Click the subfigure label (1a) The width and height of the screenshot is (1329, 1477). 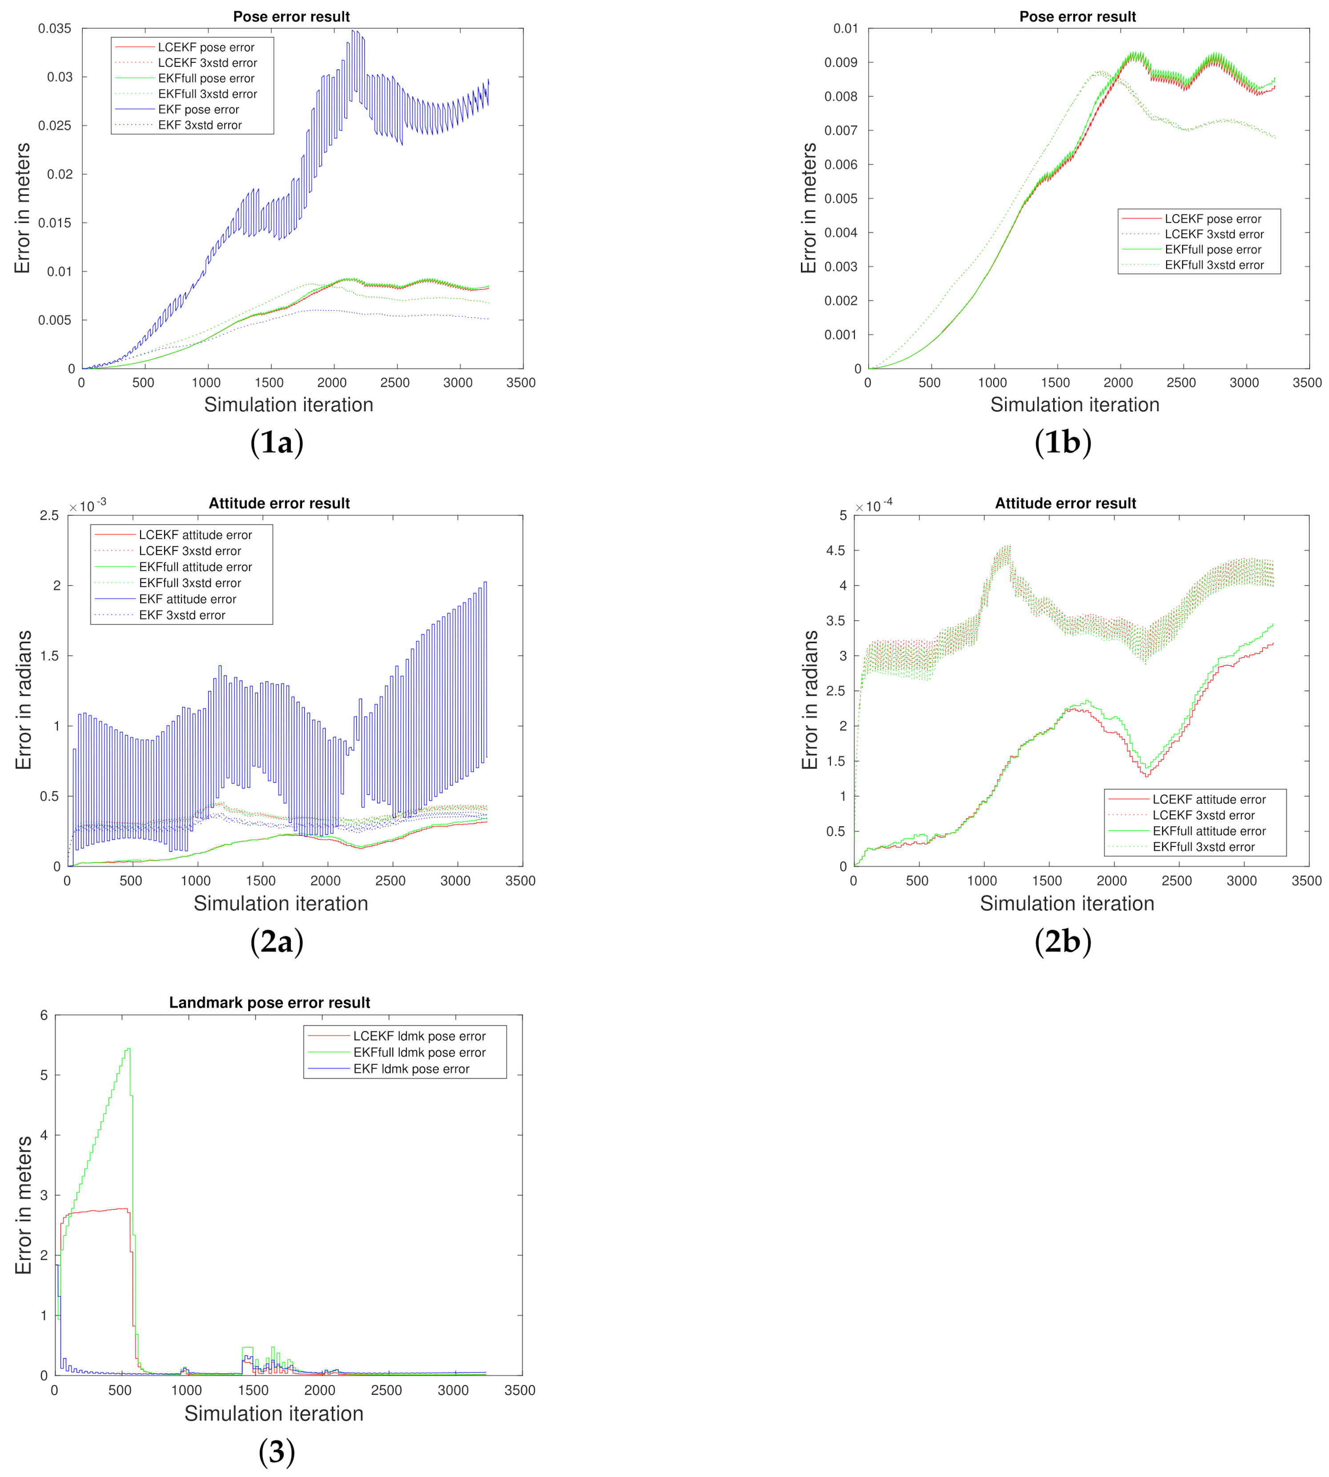pyautogui.click(x=276, y=443)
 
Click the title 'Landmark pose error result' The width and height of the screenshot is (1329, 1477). pyautogui.click(x=270, y=1002)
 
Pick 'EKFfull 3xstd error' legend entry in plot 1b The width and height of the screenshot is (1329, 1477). pyautogui.click(x=1214, y=265)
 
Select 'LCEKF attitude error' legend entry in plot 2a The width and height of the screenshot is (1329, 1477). pyautogui.click(x=195, y=535)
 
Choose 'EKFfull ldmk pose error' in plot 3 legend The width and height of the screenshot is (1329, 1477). pyautogui.click(x=419, y=1052)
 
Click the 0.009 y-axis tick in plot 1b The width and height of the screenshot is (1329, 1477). pyautogui.click(x=841, y=63)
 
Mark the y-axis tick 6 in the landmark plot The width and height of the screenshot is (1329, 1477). pyautogui.click(x=44, y=1016)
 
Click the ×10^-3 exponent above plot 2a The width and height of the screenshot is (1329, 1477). pyautogui.click(x=88, y=506)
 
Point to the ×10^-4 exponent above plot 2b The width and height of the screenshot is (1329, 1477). pyautogui.click(x=874, y=506)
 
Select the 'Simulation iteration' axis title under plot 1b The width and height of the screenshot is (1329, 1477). pyautogui.click(x=1074, y=405)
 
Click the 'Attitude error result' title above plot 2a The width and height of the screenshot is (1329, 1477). pyautogui.click(x=279, y=503)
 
